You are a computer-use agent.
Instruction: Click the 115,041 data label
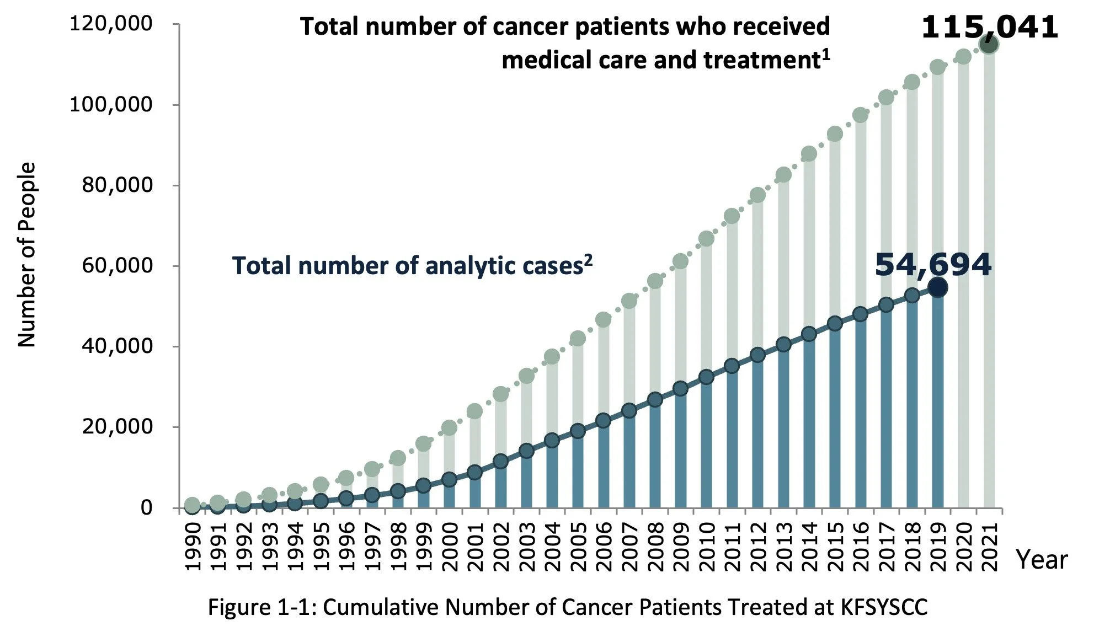(x=990, y=27)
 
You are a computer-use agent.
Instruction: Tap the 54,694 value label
(x=933, y=265)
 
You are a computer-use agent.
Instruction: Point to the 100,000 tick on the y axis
(x=110, y=104)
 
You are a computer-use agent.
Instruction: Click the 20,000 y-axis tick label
(x=117, y=426)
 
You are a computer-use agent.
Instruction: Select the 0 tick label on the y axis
(x=146, y=507)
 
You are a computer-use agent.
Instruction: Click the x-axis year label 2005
(x=578, y=546)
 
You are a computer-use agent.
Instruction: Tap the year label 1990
(x=192, y=546)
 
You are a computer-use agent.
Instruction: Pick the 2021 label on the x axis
(x=990, y=546)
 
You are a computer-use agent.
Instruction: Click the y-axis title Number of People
(x=26, y=255)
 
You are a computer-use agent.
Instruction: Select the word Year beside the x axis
(x=1042, y=560)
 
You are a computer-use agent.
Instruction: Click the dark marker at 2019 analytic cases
(x=937, y=287)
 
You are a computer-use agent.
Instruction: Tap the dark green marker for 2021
(x=989, y=45)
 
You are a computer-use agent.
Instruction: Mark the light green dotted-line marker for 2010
(x=706, y=239)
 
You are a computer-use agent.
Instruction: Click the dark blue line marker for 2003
(x=526, y=451)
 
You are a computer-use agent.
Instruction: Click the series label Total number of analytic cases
(x=412, y=266)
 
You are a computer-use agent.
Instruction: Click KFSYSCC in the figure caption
(x=884, y=607)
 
